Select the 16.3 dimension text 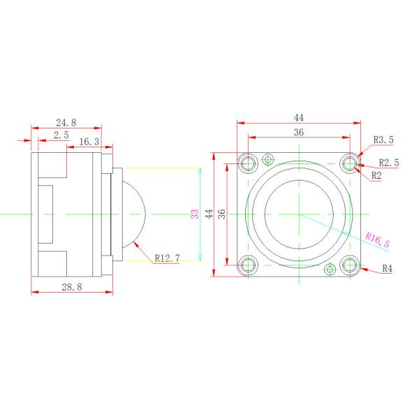point(89,142)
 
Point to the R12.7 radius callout point(167,258)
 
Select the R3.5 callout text point(383,140)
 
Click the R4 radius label point(387,267)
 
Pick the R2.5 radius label point(388,163)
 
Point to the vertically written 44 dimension point(209,214)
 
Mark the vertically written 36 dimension point(221,214)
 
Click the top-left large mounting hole point(248,163)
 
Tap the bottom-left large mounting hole point(248,265)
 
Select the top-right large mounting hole point(349,163)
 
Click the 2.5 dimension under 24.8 point(61,135)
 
